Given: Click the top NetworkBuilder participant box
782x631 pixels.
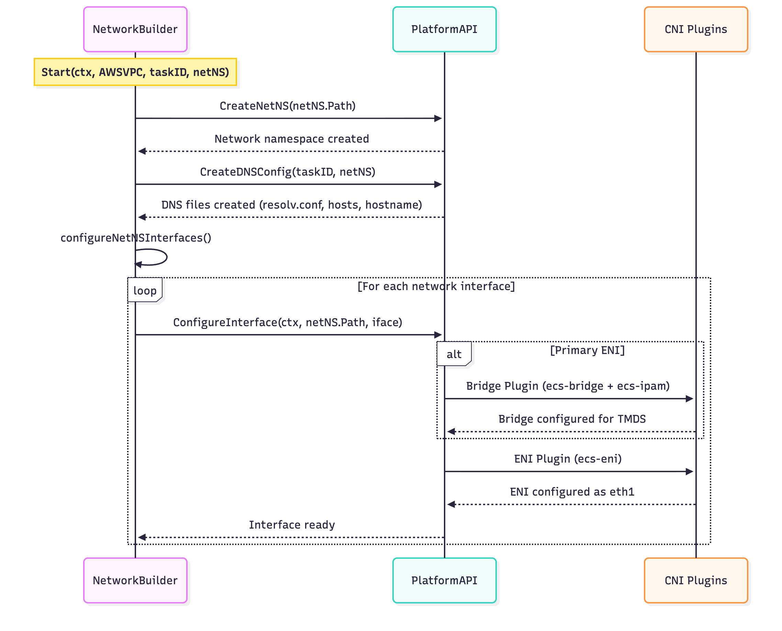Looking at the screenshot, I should click(135, 30).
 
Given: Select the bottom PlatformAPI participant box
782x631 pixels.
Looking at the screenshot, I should click(444, 580).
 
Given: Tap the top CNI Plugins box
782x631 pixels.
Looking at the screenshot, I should click(695, 30).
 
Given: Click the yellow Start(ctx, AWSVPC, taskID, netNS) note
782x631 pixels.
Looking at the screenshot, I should click(135, 72).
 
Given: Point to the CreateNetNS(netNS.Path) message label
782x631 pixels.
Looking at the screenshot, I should click(288, 106).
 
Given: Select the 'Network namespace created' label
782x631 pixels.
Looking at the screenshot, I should click(291, 139).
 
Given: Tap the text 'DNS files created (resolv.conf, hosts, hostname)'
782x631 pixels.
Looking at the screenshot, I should click(291, 204).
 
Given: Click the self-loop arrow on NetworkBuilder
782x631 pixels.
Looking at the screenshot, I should click(160, 257).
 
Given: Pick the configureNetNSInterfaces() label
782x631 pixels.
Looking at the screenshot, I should click(135, 238).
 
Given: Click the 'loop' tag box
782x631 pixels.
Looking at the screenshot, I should click(145, 290).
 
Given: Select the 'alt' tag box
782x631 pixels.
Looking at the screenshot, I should click(454, 354).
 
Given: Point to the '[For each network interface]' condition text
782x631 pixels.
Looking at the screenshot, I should click(436, 286).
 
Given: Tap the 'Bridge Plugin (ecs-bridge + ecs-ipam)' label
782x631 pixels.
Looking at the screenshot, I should click(568, 386).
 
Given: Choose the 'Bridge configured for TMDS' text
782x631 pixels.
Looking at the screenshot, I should click(572, 419).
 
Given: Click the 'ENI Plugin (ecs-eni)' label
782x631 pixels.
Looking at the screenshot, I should click(568, 459).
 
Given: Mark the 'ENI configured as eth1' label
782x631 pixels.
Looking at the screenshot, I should click(572, 492).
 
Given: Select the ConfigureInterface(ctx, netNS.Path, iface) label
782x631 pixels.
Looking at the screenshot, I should click(288, 322).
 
